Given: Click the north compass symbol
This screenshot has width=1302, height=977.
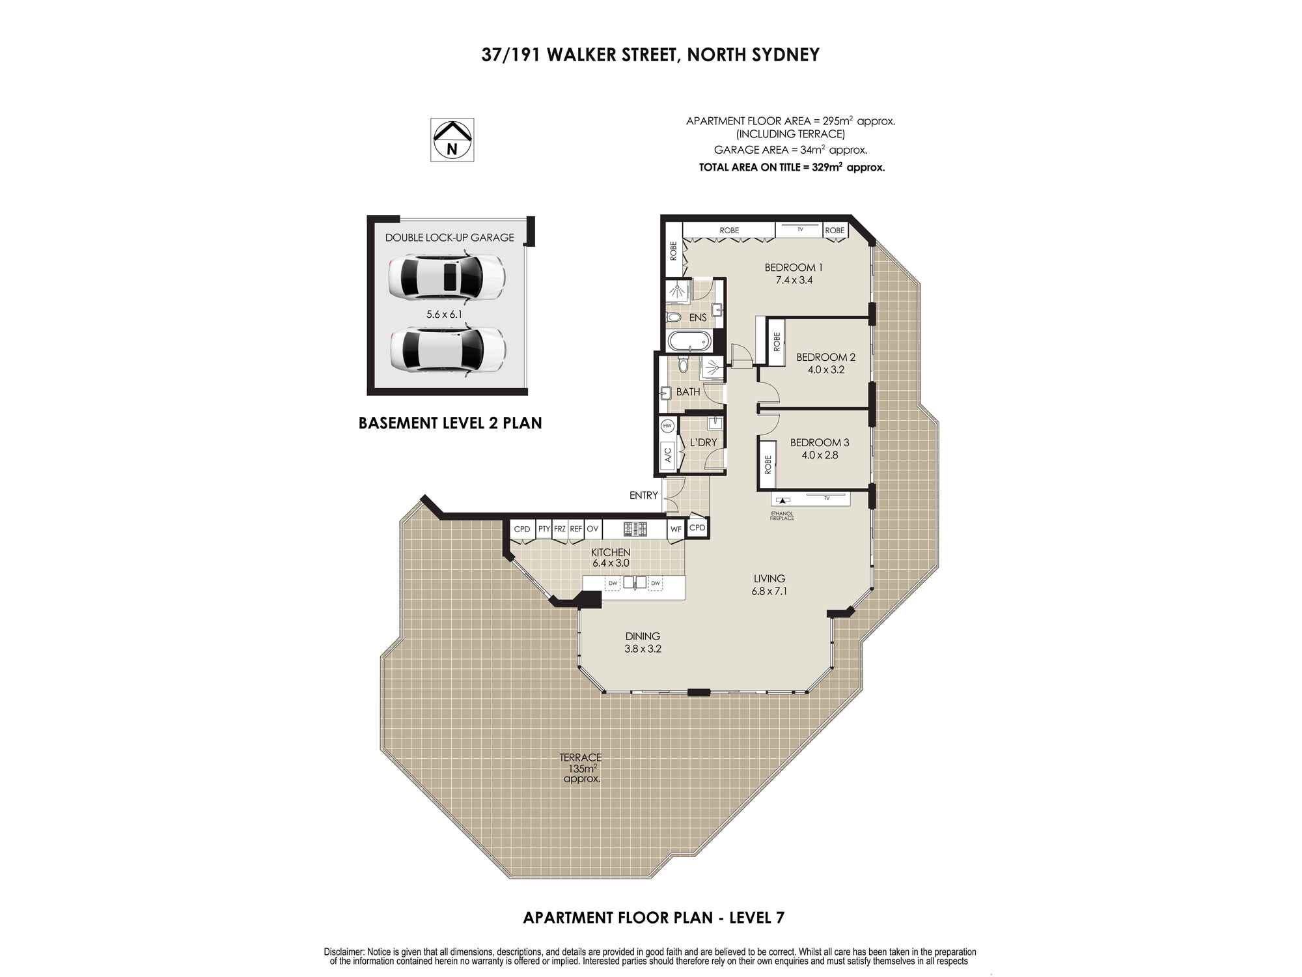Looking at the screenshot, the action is click(452, 139).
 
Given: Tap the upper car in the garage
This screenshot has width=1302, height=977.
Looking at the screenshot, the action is click(446, 277).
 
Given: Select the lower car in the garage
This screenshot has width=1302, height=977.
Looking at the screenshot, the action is click(447, 350).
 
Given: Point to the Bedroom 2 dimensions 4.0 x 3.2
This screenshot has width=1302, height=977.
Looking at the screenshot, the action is click(825, 370).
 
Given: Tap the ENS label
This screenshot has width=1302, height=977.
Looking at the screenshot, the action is click(698, 318).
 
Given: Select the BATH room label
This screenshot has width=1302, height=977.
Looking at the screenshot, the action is click(688, 392).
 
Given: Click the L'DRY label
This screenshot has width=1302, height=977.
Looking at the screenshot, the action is click(703, 442).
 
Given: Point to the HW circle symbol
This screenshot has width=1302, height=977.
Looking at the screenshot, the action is click(667, 427).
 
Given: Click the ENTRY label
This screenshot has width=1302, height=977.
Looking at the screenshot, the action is click(644, 496).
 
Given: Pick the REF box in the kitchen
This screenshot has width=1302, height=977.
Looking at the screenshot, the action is click(576, 529).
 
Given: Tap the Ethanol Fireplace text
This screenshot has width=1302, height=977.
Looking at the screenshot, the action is click(782, 516).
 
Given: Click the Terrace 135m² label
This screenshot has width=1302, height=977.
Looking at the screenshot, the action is click(581, 768).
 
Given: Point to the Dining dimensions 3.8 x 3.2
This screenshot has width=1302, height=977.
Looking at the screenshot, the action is click(643, 649).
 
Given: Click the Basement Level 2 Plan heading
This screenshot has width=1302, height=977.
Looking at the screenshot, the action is click(450, 423).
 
